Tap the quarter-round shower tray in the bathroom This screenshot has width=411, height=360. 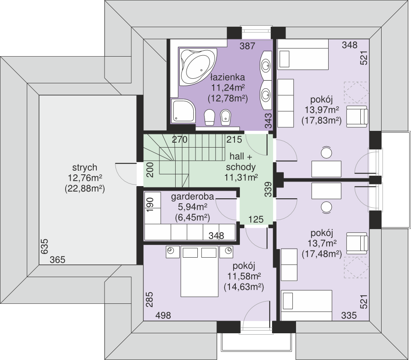pyautogui.click(x=183, y=110)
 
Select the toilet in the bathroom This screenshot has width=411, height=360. pyautogui.click(x=210, y=117)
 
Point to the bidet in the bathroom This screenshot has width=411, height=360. pyautogui.click(x=225, y=117)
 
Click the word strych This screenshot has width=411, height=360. pyautogui.click(x=85, y=167)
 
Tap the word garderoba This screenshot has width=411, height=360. pyautogui.click(x=192, y=197)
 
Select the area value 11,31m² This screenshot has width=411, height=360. pyautogui.click(x=241, y=178)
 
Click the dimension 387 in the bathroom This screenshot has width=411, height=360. pyautogui.click(x=248, y=46)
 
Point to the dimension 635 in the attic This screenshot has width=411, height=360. pyautogui.click(x=44, y=246)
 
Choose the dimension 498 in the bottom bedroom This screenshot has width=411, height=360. pyautogui.click(x=163, y=315)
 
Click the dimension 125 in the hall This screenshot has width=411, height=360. pyautogui.click(x=256, y=219)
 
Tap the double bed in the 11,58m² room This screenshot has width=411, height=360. pyautogui.click(x=199, y=271)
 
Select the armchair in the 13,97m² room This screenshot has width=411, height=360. pyautogui.click(x=357, y=116)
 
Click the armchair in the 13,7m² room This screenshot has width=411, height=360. pyautogui.click(x=357, y=243)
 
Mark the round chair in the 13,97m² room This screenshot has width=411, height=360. pyautogui.click(x=326, y=152)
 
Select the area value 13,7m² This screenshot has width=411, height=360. pyautogui.click(x=322, y=244)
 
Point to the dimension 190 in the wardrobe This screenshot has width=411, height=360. pyautogui.click(x=149, y=205)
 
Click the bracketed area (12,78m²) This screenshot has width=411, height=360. pyautogui.click(x=228, y=99)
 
